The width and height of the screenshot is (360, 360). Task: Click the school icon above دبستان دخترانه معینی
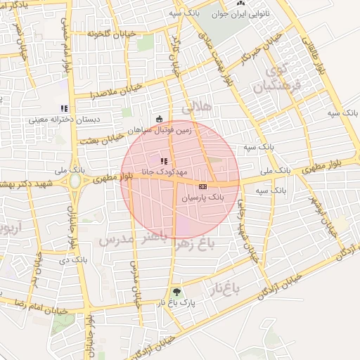tap(64, 108)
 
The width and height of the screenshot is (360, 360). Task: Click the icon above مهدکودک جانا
tap(164, 161)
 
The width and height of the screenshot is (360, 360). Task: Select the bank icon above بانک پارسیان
tap(202, 186)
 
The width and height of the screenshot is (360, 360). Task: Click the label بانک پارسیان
tap(203, 198)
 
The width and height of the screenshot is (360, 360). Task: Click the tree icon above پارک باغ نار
tap(176, 292)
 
